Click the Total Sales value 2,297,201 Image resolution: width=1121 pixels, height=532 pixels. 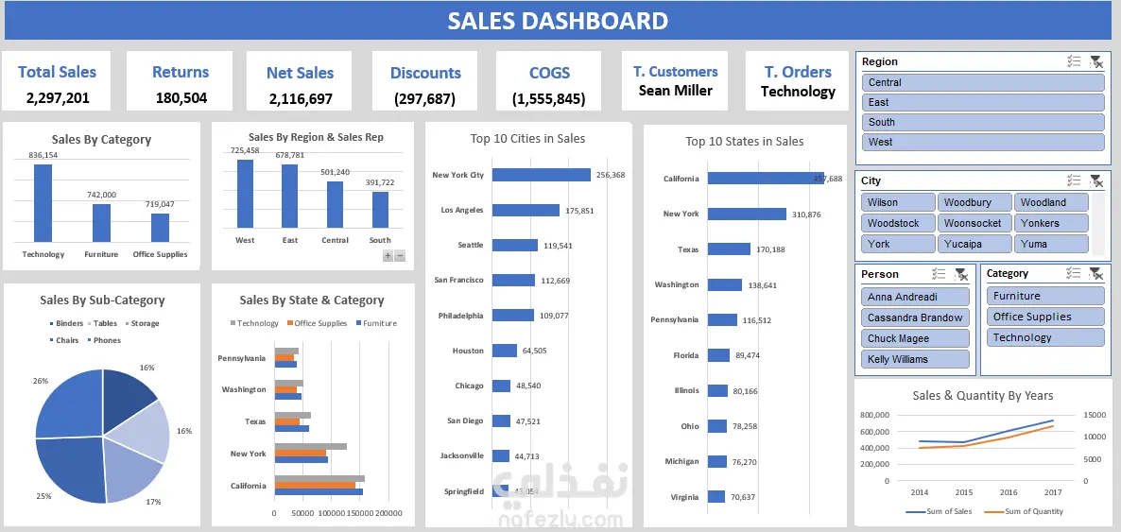pyautogui.click(x=58, y=97)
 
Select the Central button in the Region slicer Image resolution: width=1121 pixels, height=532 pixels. pyautogui.click(x=983, y=82)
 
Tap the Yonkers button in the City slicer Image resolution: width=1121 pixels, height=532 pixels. pyautogui.click(x=1051, y=223)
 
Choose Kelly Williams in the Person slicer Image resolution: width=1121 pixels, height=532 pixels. pyautogui.click(x=916, y=359)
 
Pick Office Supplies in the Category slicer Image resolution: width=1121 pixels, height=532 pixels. pyautogui.click(x=1046, y=317)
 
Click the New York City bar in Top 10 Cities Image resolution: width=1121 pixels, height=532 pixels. pyautogui.click(x=542, y=175)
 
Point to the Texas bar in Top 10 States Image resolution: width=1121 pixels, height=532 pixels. pyautogui.click(x=729, y=249)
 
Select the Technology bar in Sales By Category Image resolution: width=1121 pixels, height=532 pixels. pyautogui.click(x=43, y=203)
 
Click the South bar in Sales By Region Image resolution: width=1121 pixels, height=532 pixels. pyautogui.click(x=380, y=210)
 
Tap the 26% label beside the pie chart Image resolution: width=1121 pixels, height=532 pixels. pyautogui.click(x=41, y=381)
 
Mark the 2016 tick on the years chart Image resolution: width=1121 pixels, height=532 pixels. pyautogui.click(x=1009, y=492)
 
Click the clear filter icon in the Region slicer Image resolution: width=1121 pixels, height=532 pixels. pyautogui.click(x=1095, y=61)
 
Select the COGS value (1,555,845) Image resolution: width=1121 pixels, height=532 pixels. pyautogui.click(x=548, y=98)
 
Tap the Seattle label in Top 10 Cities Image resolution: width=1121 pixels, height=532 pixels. pyautogui.click(x=470, y=245)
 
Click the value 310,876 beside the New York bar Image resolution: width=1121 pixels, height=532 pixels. pyautogui.click(x=806, y=215)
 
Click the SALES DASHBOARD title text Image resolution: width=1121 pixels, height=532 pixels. pyautogui.click(x=558, y=21)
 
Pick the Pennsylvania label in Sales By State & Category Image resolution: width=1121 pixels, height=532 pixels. pyautogui.click(x=242, y=358)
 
